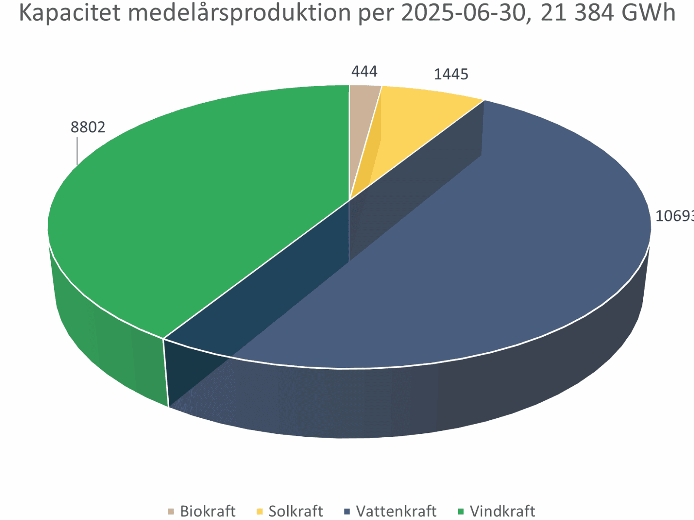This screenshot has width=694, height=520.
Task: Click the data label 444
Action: point(364,71)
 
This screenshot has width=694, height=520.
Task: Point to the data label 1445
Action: point(451,75)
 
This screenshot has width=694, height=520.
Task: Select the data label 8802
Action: point(88,127)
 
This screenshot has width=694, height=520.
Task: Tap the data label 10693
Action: point(674,216)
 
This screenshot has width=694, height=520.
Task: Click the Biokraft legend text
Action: point(207,511)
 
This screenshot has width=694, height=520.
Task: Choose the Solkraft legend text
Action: point(296,511)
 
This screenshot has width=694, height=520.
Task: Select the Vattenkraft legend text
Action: point(396,511)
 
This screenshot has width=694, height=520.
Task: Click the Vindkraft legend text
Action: point(502,511)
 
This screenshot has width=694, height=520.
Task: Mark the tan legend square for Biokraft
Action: point(171,512)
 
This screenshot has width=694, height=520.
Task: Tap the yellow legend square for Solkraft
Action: point(260,512)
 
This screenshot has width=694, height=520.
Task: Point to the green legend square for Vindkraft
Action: point(461,512)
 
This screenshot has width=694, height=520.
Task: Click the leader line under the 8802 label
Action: point(77,151)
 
